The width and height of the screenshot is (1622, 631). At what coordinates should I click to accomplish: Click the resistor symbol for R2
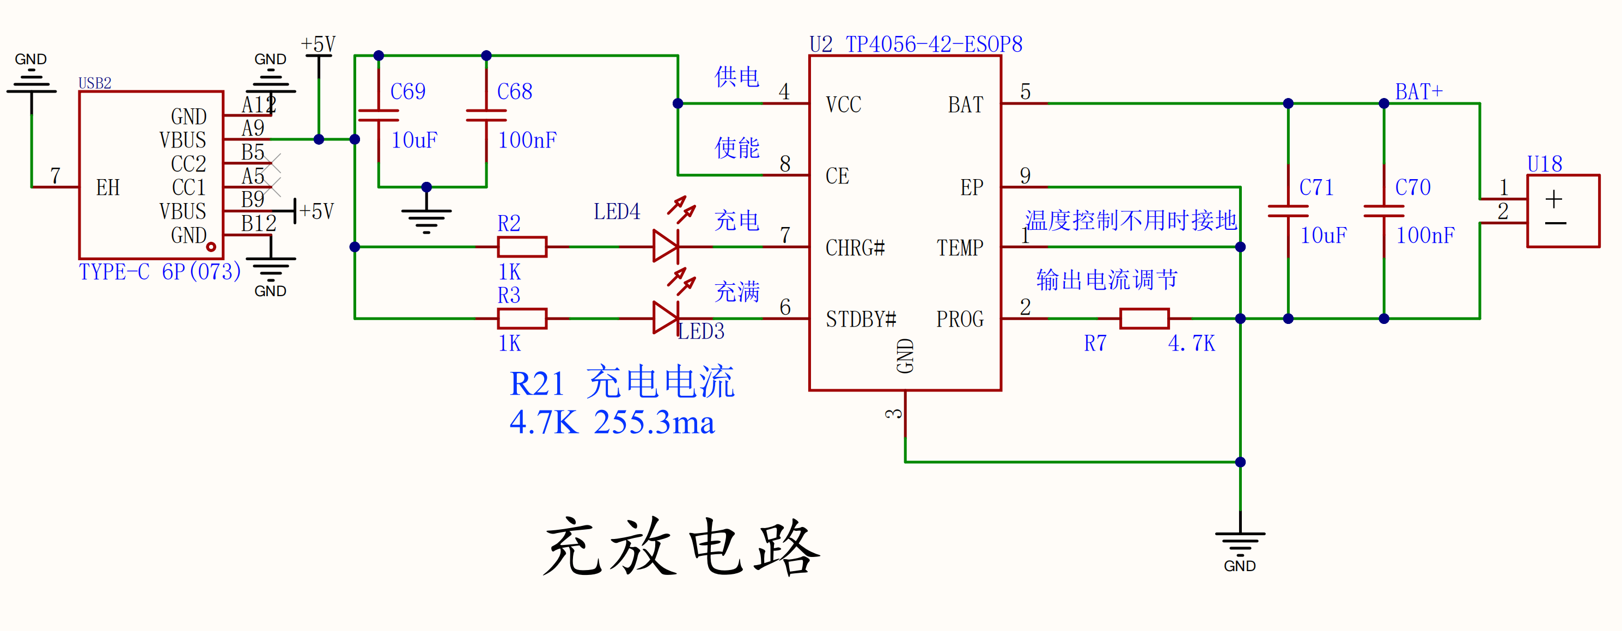[x=521, y=247]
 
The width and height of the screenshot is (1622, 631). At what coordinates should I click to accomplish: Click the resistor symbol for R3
[x=521, y=318]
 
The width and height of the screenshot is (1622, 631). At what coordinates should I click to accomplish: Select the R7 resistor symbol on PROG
[x=1144, y=318]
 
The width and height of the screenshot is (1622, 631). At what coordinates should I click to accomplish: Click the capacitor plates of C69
[x=379, y=115]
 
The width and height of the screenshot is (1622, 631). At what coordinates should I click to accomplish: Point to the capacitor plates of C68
[x=486, y=115]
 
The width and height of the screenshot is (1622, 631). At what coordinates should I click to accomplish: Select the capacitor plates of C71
[x=1288, y=211]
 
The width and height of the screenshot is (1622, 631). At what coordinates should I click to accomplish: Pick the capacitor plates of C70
[x=1383, y=211]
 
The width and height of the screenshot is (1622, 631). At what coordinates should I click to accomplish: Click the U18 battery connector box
[x=1563, y=211]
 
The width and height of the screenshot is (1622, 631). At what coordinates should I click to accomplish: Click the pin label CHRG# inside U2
[x=855, y=248]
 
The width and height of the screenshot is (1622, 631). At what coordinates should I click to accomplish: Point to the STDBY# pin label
[x=860, y=320]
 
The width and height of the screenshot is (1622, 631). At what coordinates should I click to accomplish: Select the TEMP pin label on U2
[x=959, y=248]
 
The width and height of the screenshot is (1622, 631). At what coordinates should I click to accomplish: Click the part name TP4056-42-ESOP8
[x=933, y=44]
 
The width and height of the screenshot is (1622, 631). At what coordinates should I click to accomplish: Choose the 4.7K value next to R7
[x=1191, y=344]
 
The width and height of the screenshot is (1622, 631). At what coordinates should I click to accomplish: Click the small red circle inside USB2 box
[x=211, y=247]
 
